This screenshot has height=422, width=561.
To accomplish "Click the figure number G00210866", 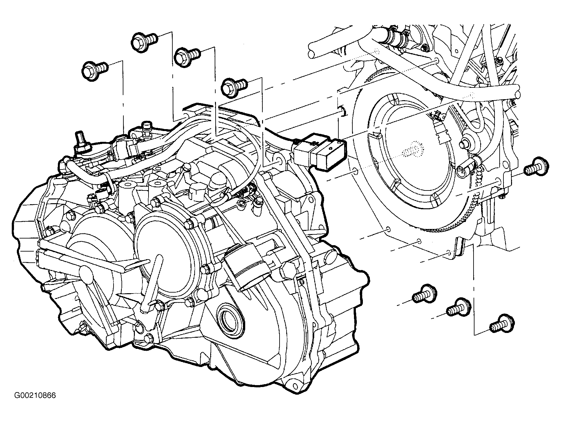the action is coord(35,395).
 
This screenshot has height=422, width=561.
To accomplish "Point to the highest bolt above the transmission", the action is coord(144,41).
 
